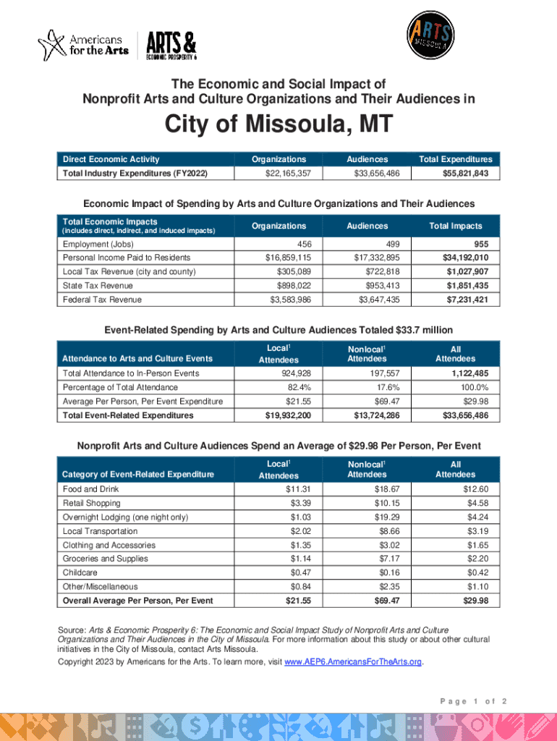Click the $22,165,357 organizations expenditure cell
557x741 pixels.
(280, 173)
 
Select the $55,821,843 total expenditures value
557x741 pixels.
(470, 173)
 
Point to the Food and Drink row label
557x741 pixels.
(90, 489)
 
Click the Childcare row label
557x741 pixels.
(80, 572)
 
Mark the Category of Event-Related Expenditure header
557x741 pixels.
(138, 474)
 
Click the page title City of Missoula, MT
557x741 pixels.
(278, 126)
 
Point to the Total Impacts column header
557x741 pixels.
(456, 226)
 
